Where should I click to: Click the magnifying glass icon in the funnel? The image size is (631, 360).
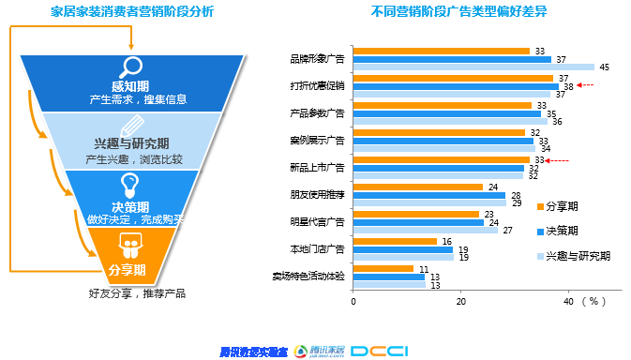click(130, 67)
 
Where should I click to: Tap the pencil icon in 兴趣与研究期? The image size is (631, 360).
click(131, 126)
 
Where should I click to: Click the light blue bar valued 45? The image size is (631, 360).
click(473, 67)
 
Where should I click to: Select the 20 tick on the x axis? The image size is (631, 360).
click(460, 302)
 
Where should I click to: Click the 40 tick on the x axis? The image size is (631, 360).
click(568, 302)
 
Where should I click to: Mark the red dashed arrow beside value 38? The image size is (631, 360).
click(587, 85)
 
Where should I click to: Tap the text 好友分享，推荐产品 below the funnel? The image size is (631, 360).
click(137, 293)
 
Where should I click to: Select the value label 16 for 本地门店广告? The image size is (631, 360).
click(446, 242)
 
